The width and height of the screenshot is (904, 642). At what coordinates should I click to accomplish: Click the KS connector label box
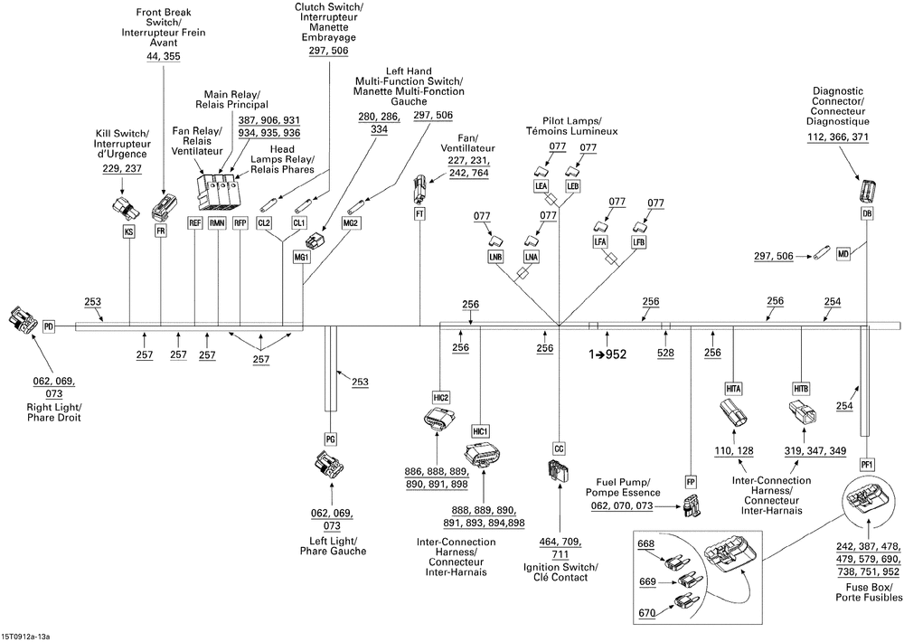point(129,231)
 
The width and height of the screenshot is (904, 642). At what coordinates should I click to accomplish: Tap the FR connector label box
point(160,231)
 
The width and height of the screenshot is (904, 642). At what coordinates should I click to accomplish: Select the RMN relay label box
point(217,222)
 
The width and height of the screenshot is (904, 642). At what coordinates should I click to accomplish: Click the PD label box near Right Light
point(49,327)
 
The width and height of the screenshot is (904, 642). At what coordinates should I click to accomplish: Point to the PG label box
point(330,439)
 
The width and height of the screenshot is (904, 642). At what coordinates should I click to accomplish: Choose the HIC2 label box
point(440,398)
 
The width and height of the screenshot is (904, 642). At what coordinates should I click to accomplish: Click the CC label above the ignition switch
point(559,448)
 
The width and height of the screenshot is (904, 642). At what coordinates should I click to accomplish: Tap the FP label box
point(691,481)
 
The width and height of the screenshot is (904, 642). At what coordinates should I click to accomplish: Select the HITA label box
point(733,389)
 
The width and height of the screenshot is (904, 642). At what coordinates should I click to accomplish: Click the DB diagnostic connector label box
point(867,213)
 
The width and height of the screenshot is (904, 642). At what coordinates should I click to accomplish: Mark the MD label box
point(843,254)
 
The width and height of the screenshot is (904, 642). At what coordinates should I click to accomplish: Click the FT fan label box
point(419,214)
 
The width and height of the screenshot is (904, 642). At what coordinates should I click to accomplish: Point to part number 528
point(665,353)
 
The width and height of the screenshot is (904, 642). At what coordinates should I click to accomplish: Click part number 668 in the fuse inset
point(646,544)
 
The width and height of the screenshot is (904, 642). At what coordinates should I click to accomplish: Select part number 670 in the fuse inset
point(647,613)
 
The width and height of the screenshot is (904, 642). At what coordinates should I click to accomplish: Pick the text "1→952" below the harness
point(607,354)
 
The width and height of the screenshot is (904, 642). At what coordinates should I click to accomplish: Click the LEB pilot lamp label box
point(572,185)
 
